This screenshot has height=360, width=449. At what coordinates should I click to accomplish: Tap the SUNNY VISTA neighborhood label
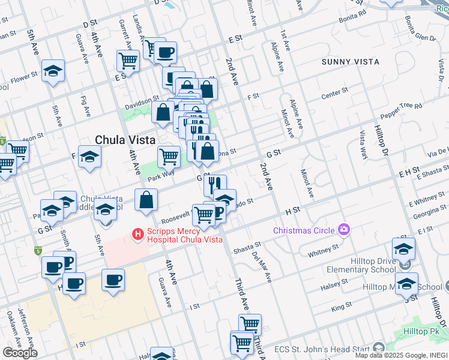pos(350,62)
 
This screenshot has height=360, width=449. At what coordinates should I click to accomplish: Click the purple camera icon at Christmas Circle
pos(344,229)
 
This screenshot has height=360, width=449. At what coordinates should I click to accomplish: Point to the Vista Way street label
pos(363,144)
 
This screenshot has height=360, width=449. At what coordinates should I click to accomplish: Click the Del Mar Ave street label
pos(265,268)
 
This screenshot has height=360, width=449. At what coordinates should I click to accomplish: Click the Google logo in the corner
pos(20,352)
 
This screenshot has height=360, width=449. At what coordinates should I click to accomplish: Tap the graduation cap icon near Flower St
pos(53,71)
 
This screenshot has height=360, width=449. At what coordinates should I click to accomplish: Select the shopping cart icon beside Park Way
pos(169,157)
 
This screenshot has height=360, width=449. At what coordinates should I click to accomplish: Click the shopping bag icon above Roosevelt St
pos(146,200)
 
